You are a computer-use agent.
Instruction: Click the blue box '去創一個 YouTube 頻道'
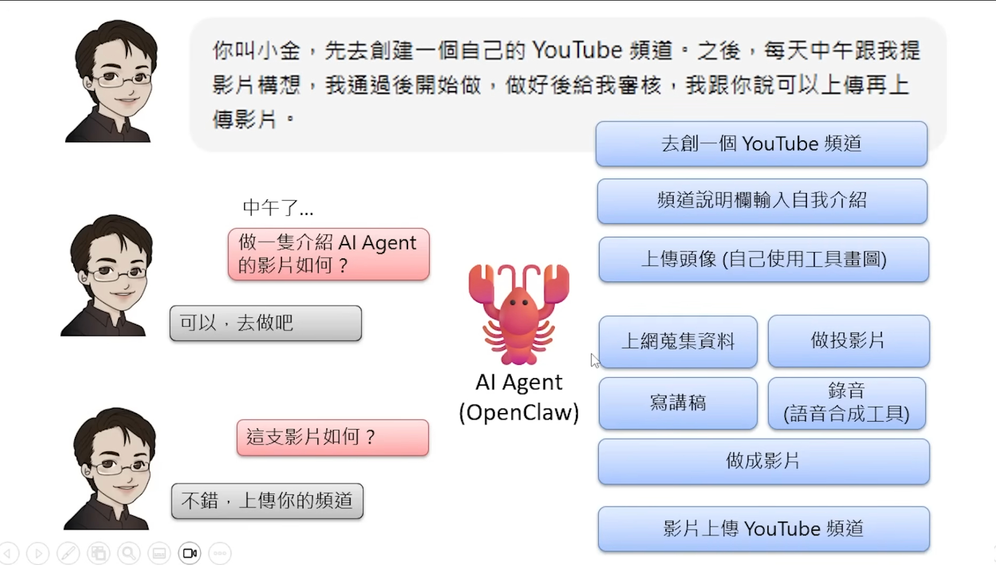click(761, 144)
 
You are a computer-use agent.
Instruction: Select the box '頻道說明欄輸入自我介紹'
click(762, 201)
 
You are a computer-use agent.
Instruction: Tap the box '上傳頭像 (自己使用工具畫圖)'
click(763, 259)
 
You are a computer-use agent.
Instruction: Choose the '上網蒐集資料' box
click(678, 342)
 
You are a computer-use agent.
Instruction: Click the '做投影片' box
click(848, 341)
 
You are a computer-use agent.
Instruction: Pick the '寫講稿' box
click(678, 403)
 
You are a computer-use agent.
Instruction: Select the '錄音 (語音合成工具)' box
click(846, 403)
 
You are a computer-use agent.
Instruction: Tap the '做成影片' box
click(763, 461)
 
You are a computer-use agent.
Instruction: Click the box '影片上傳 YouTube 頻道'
click(763, 528)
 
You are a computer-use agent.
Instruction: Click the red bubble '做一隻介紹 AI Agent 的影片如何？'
click(328, 254)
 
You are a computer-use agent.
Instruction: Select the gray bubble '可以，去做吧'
click(265, 323)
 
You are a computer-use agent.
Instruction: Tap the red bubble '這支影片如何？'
click(332, 437)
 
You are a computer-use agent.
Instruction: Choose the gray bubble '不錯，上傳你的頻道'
click(267, 501)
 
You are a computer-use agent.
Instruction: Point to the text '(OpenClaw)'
click(519, 413)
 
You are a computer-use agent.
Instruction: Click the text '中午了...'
click(278, 207)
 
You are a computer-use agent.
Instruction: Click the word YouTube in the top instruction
click(577, 50)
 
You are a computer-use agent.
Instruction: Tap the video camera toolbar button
click(190, 553)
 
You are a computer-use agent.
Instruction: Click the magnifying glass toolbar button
click(129, 553)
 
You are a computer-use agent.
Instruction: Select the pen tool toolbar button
click(68, 553)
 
